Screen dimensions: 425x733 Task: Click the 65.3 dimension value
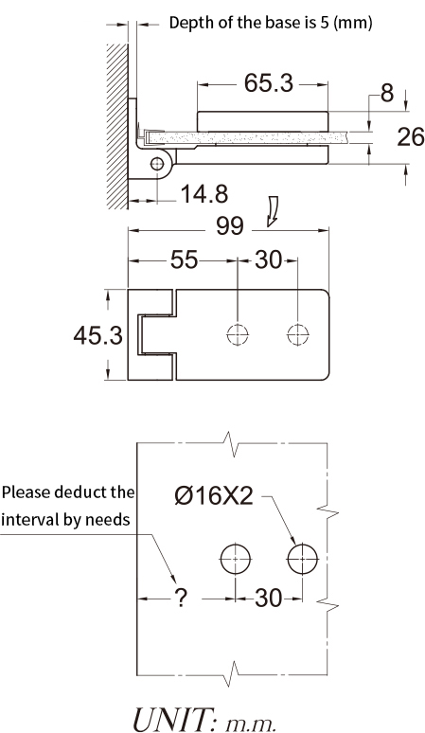(269, 83)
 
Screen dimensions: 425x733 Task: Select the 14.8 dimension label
(204, 194)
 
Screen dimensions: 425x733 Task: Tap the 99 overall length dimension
(229, 226)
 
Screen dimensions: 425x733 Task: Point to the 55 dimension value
(184, 259)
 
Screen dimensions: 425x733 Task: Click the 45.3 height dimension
(98, 335)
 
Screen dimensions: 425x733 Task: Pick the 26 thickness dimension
(411, 137)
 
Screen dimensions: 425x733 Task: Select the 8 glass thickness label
(387, 93)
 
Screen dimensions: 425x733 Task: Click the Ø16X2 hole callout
(214, 495)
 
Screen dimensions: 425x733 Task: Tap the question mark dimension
(181, 598)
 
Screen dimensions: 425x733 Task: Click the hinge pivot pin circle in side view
(157, 164)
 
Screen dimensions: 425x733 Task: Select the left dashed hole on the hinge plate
(238, 334)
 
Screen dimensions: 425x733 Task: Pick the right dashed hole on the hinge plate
(298, 334)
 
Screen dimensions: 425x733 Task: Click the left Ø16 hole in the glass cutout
(236, 559)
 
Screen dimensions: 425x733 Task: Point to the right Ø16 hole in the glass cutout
(303, 559)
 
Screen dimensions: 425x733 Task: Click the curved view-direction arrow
(273, 212)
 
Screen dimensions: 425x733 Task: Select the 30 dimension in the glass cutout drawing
(269, 598)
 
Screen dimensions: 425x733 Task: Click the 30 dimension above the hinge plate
(269, 259)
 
